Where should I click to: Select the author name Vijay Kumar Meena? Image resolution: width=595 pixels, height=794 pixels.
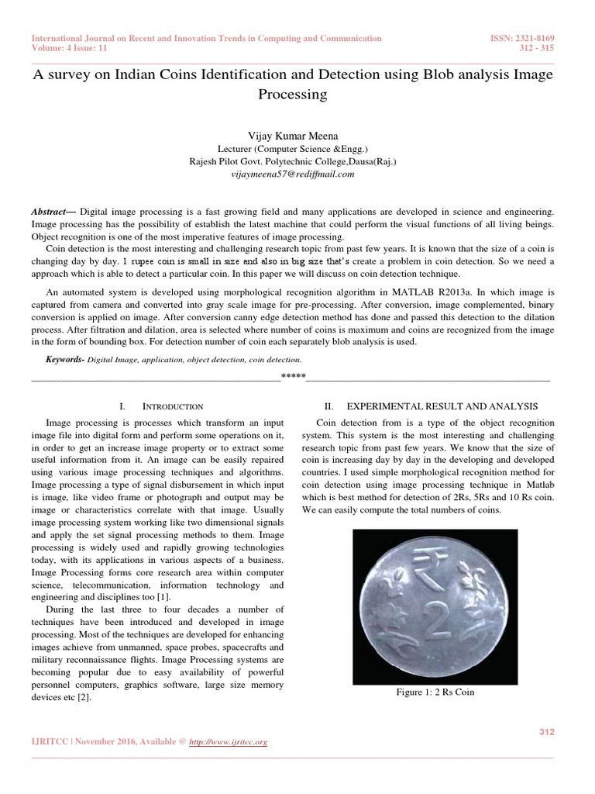[x=297, y=135]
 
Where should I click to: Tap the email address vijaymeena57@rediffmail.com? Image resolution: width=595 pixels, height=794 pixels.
[x=297, y=174]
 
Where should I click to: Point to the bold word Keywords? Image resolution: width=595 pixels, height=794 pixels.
[x=65, y=360]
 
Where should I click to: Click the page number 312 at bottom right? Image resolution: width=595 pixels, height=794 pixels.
[x=546, y=732]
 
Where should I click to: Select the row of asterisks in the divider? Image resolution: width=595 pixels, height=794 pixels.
[x=294, y=377]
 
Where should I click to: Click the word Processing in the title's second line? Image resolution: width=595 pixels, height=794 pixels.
[x=297, y=94]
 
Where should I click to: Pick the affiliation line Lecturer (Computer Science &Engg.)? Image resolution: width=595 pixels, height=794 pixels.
[x=297, y=149]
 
